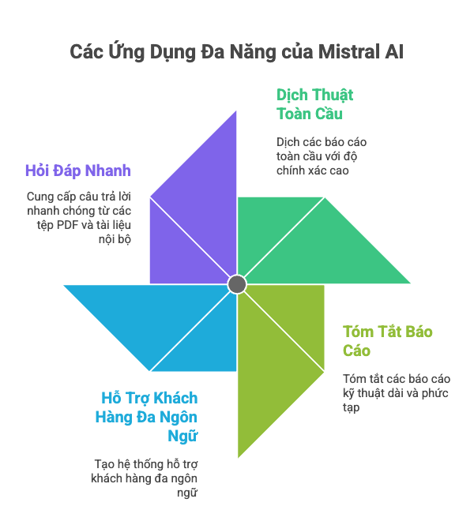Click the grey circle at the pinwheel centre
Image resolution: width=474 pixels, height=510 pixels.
click(237, 284)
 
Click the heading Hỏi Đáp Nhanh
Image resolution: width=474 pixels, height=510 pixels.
click(78, 171)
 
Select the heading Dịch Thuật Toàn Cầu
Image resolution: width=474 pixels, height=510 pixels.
click(314, 104)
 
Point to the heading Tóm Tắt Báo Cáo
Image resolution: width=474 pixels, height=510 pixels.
click(387, 341)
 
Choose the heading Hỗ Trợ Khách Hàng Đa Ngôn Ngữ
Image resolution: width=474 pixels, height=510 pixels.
click(146, 417)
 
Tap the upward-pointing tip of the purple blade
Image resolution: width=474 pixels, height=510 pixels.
click(236, 111)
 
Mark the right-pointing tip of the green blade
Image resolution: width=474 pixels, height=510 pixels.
click(410, 283)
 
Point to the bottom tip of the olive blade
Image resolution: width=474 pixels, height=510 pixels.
click(239, 457)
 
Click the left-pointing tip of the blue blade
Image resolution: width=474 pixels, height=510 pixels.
click(64, 286)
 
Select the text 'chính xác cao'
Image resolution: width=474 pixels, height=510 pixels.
click(313, 171)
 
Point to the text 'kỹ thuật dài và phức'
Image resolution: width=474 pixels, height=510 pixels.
click(396, 393)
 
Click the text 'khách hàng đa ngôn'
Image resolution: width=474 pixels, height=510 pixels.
click(145, 478)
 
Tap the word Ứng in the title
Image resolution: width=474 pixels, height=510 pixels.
click(126, 51)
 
